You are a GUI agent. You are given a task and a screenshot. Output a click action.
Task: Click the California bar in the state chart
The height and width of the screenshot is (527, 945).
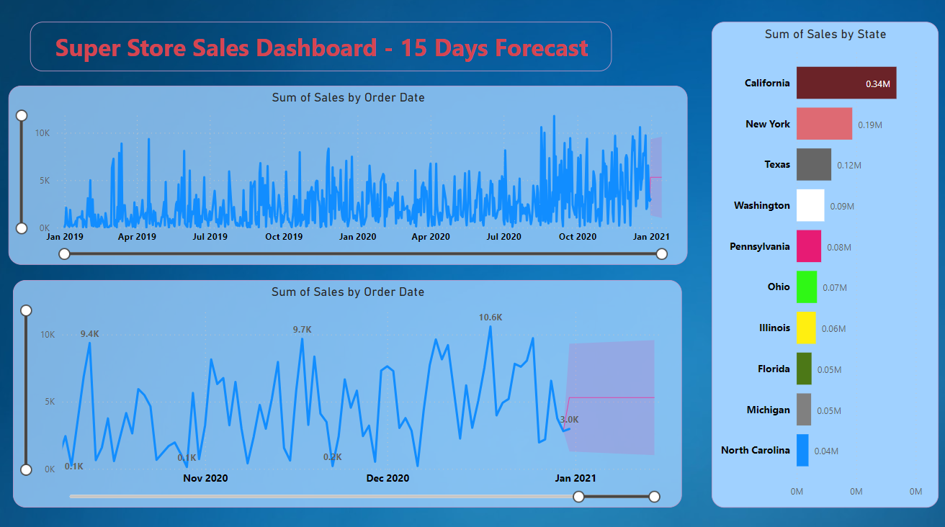pyautogui.click(x=846, y=83)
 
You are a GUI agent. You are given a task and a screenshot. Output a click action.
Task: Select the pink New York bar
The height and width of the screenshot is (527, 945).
pyautogui.click(x=824, y=124)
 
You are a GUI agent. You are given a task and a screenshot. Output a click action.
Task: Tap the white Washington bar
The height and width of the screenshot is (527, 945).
pyautogui.click(x=810, y=205)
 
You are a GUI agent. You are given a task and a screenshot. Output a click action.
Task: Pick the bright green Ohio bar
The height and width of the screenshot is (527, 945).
pyautogui.click(x=807, y=287)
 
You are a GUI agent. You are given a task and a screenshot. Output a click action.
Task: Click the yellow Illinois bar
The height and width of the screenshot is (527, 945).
pyautogui.click(x=806, y=328)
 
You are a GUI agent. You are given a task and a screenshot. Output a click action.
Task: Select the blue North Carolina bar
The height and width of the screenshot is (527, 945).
pyautogui.click(x=802, y=450)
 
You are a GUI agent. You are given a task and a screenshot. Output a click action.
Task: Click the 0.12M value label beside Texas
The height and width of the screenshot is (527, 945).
pyautogui.click(x=848, y=166)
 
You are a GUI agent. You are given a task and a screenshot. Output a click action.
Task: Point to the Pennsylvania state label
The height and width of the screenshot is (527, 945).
pyautogui.click(x=759, y=246)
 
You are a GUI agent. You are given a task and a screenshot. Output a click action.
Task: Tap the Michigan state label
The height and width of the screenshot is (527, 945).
pyautogui.click(x=768, y=410)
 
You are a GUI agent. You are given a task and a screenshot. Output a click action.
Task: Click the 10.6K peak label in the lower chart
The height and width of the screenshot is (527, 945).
pyautogui.click(x=491, y=317)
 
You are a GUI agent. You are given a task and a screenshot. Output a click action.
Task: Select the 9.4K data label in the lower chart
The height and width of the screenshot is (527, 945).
pyautogui.click(x=90, y=334)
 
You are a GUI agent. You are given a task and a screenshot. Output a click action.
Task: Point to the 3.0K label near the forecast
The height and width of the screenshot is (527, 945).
pyautogui.click(x=569, y=420)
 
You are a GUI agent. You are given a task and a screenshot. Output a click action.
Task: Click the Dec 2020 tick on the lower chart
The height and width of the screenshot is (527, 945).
pyautogui.click(x=388, y=478)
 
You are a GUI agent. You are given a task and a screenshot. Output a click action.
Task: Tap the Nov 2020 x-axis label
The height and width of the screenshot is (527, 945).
pyautogui.click(x=205, y=478)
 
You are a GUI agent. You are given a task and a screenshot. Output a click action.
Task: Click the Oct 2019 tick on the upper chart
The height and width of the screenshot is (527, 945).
pyautogui.click(x=284, y=236)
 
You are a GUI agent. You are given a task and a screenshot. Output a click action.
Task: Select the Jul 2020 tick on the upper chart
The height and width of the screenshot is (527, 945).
pyautogui.click(x=503, y=236)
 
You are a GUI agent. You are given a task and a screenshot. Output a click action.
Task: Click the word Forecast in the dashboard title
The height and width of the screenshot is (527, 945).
pyautogui.click(x=541, y=48)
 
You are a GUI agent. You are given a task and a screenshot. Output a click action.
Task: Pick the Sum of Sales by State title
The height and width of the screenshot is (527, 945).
pyautogui.click(x=825, y=35)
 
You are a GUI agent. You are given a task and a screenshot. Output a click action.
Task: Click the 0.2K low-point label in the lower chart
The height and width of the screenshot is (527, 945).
pyautogui.click(x=332, y=457)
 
